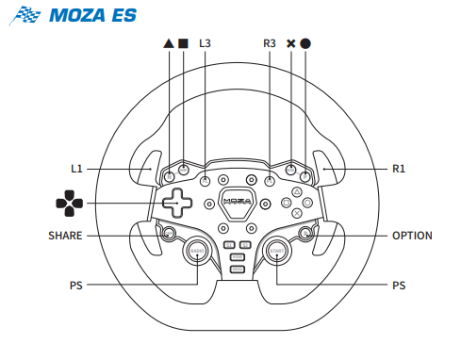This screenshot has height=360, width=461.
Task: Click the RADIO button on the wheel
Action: [x=197, y=251]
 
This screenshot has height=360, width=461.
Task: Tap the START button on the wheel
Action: [x=277, y=251]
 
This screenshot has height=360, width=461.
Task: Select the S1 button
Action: [x=229, y=245]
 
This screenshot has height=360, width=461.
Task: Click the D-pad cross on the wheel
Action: [x=177, y=203]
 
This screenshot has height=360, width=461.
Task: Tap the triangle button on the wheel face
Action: [x=297, y=192]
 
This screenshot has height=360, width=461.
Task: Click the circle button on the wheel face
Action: [x=307, y=203]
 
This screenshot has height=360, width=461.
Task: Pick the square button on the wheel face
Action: [x=287, y=203]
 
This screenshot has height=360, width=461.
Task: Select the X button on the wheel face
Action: [x=297, y=213]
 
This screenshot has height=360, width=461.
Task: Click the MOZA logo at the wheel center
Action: [x=238, y=202]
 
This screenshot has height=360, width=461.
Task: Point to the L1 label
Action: [x=76, y=169]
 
